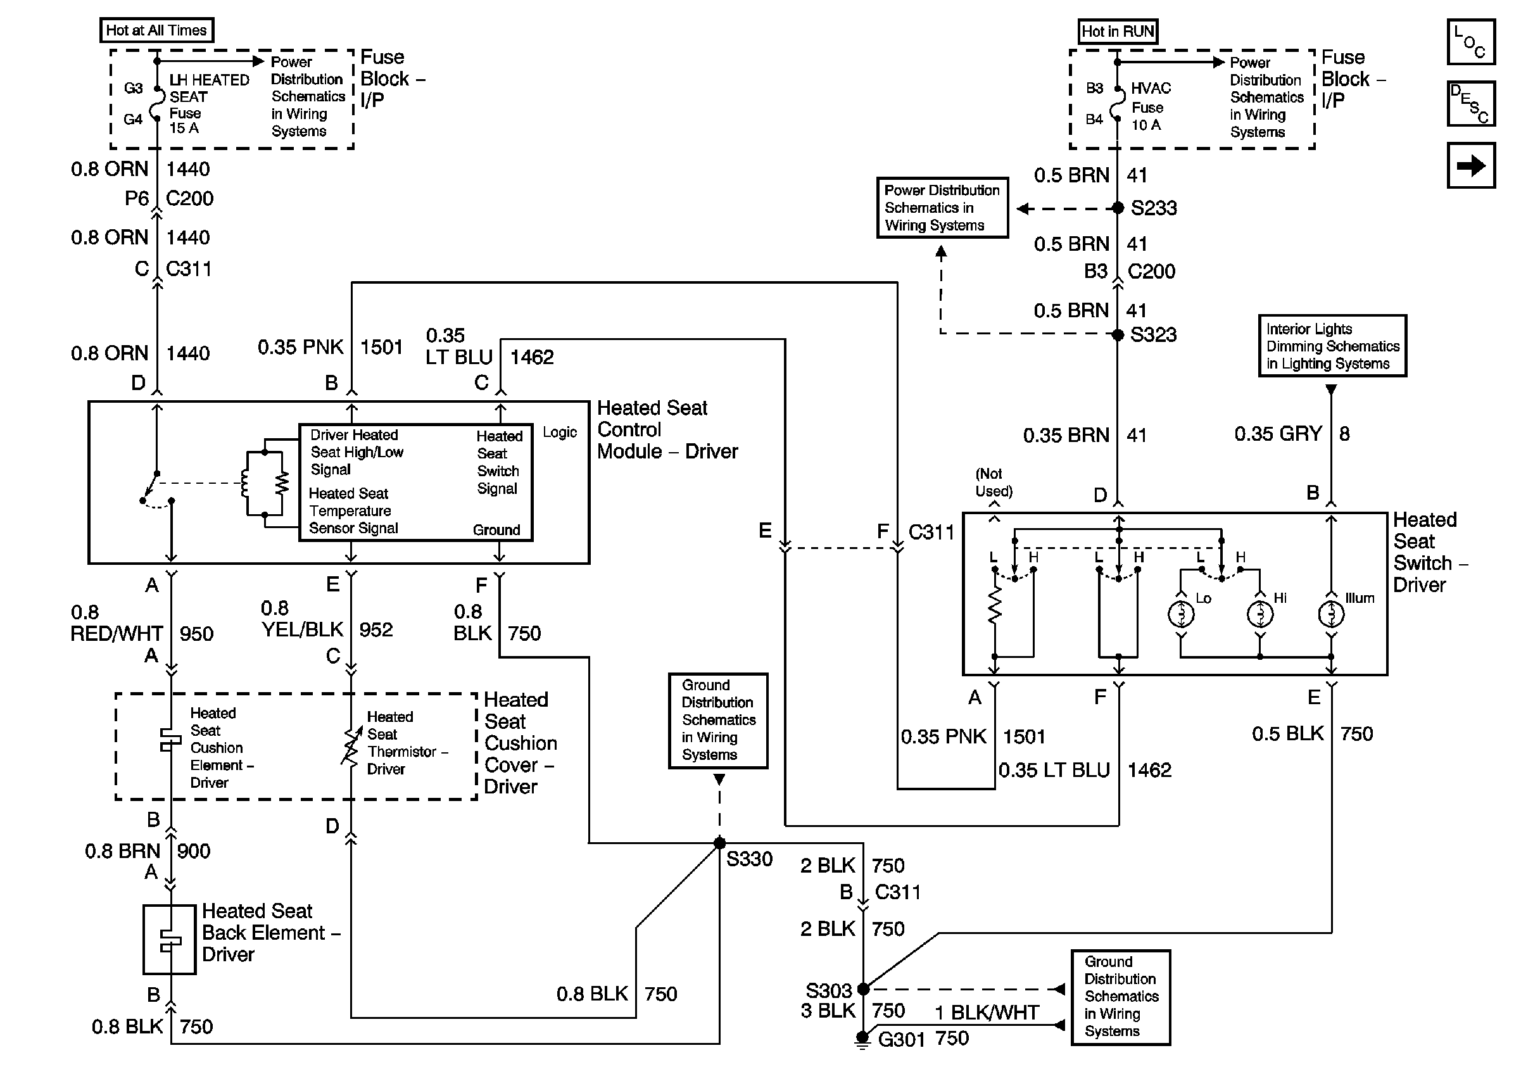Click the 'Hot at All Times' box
coord(156,30)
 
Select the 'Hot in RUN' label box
coord(1117,31)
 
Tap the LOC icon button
coord(1470,42)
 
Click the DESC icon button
coord(1470,103)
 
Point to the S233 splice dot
coord(1118,208)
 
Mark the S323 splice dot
coord(1118,334)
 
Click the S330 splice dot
coord(719,843)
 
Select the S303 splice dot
coord(863,989)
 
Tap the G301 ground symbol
coord(862,1039)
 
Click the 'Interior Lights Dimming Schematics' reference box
coord(1332,346)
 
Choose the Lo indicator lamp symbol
coord(1180,614)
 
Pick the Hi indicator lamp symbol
coord(1260,614)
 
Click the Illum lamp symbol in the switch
coord(1331,614)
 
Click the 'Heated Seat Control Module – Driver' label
coord(667,430)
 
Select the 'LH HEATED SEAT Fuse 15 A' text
coord(209,103)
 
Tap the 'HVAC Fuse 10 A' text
coord(1150,106)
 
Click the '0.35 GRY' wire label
coord(1278,434)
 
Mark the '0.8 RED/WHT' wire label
coord(117,623)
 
